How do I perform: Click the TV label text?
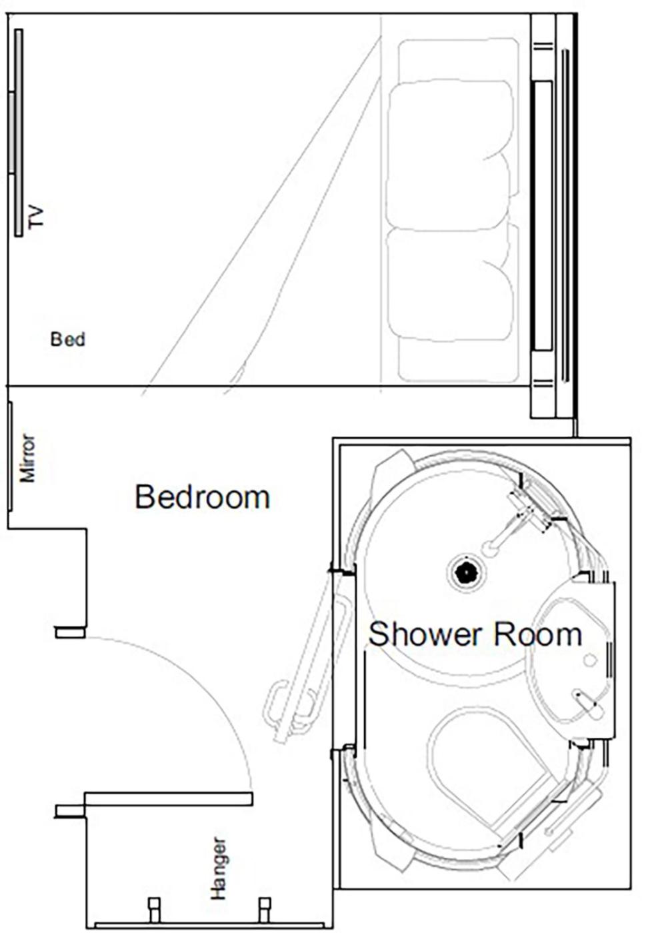click(x=36, y=217)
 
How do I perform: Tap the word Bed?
click(x=68, y=339)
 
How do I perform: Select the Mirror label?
click(x=27, y=458)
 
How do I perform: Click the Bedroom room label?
click(x=202, y=497)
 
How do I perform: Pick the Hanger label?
click(x=218, y=868)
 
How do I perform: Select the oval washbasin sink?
click(x=567, y=660)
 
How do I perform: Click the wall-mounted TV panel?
click(x=18, y=133)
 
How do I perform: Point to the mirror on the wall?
click(x=10, y=456)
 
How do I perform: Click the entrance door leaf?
click(x=169, y=798)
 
